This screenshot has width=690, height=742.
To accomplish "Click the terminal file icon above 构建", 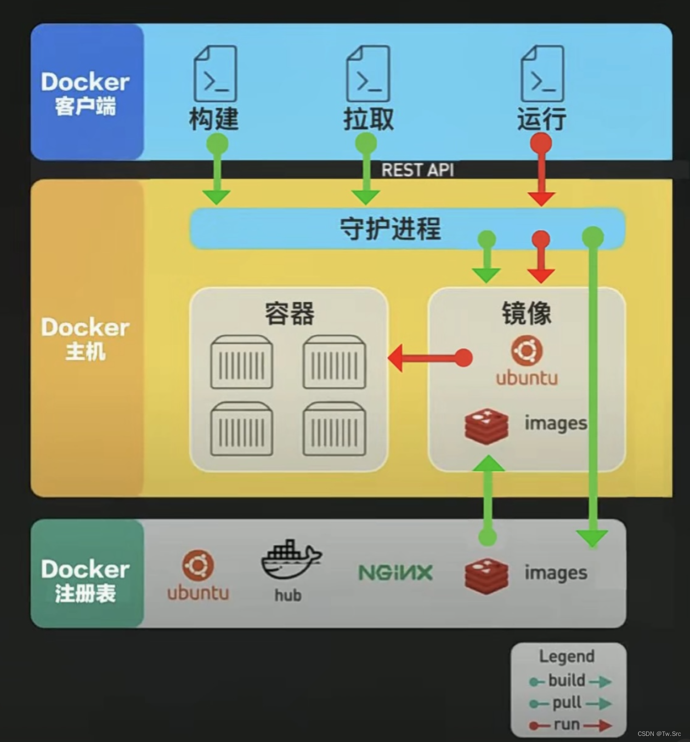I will point(216,73).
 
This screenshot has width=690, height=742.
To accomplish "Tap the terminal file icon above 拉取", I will point(368,73).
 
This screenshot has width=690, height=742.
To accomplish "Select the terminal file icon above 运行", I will point(542,73).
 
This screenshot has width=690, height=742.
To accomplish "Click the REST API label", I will point(417,170).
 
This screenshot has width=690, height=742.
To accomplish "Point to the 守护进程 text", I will point(390,229).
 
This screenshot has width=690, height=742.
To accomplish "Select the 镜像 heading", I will point(526,313).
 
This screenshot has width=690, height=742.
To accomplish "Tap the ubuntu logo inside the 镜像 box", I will point(527,351).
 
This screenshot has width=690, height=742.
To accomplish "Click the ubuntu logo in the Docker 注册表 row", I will point(198,566).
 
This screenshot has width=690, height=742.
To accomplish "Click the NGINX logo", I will point(395,573).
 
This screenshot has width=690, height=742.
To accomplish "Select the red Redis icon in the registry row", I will point(486,575).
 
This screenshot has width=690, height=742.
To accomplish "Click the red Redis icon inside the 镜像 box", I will point(486,426).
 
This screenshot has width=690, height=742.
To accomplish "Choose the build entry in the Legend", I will point(569,681).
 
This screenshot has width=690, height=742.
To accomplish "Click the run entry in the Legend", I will point(569,725).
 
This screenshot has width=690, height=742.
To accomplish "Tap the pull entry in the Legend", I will point(569,703).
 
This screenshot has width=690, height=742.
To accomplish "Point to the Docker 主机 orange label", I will point(86,338).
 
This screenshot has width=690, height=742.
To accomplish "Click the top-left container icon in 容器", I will point(241,362).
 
